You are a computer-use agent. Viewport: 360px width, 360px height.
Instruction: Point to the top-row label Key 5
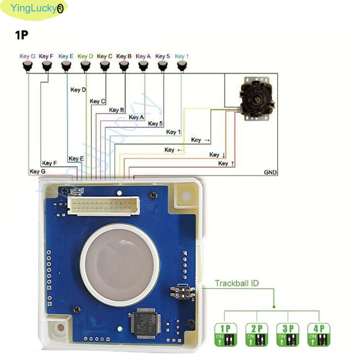pos(162,56)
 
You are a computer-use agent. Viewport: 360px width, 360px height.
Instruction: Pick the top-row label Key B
pos(124,56)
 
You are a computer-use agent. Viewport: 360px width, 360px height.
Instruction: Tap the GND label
pos(270,172)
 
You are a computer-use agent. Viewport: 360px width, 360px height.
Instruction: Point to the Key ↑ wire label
pos(226,163)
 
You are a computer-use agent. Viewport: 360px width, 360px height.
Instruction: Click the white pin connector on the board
pos(103,206)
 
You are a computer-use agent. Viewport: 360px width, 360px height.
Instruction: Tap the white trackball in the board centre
pos(120,265)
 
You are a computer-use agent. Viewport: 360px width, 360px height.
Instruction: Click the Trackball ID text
pos(237,283)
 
